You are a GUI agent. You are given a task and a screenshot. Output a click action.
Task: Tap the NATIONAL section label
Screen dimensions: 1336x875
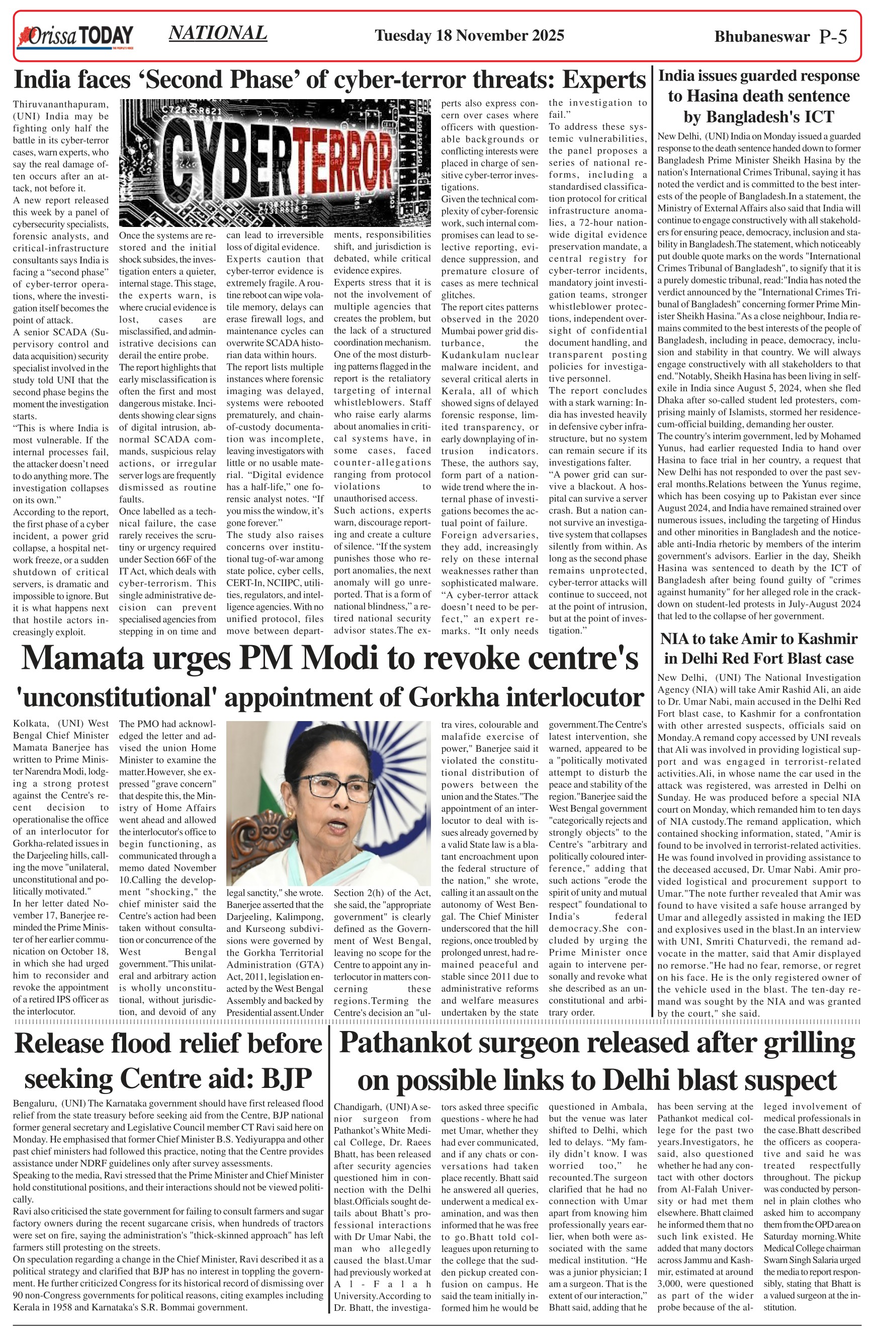point(218,33)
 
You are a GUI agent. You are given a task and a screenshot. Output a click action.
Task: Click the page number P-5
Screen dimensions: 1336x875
point(832,37)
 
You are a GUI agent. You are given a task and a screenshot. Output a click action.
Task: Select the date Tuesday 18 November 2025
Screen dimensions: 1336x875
point(469,36)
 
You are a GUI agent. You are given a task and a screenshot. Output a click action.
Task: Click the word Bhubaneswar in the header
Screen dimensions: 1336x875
point(762,37)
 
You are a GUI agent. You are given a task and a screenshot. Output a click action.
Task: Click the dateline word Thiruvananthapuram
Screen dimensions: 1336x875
point(60,104)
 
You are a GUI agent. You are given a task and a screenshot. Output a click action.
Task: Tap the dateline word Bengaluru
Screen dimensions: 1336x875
point(35,1104)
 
